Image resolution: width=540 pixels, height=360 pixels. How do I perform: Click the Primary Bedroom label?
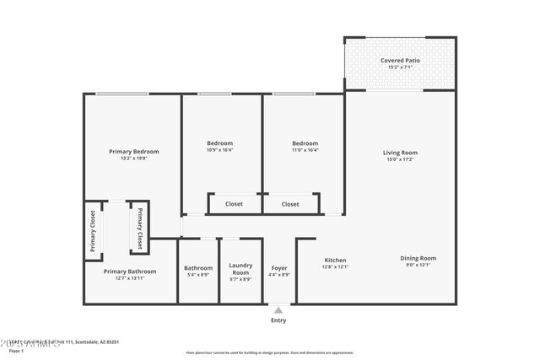click(133, 152)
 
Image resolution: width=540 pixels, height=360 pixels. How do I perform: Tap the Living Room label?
click(400, 153)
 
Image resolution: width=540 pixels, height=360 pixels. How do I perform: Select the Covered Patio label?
click(400, 61)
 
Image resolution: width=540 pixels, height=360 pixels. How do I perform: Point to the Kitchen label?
click(335, 260)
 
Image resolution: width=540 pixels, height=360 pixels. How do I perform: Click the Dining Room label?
click(418, 258)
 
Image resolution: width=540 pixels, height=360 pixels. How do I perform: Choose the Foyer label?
click(278, 267)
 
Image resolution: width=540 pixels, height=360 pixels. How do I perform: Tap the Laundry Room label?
click(240, 269)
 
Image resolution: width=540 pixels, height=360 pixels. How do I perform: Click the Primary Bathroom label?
click(130, 271)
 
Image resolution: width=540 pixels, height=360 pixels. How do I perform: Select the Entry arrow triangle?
click(278, 311)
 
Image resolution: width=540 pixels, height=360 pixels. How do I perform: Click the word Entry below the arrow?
click(278, 320)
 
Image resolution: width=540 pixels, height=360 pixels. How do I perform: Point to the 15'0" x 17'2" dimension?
click(400, 159)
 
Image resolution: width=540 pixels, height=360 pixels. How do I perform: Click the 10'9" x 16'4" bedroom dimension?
click(219, 150)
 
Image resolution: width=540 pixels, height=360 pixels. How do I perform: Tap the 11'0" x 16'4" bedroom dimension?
click(305, 150)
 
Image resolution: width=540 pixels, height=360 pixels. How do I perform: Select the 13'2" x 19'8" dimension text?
click(133, 159)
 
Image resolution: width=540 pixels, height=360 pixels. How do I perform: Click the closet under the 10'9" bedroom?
click(234, 204)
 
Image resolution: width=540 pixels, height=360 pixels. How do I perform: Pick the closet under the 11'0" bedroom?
click(290, 204)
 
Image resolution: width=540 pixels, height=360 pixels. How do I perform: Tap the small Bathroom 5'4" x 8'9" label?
click(198, 269)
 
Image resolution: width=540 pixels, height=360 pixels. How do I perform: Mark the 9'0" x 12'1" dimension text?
click(418, 266)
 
